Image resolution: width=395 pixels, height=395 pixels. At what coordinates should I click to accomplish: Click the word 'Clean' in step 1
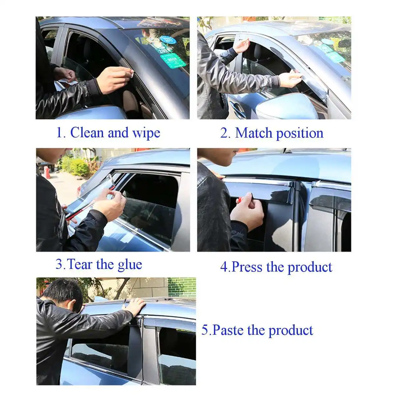88,133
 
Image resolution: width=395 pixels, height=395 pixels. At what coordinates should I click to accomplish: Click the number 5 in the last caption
205,330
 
